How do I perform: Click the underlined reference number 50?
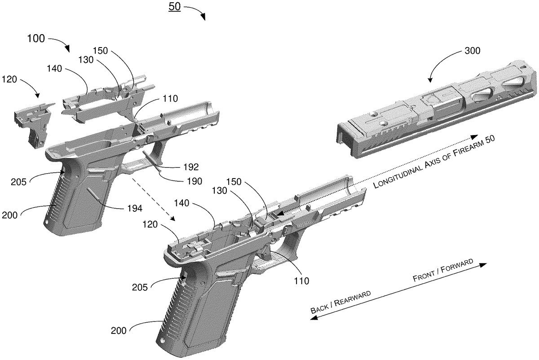coord(174,6)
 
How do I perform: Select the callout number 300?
coord(473,51)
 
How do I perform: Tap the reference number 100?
coord(36,39)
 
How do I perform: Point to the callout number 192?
coord(191,167)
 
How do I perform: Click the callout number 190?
coord(194,181)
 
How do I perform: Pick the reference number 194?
coord(135,208)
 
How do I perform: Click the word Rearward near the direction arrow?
coord(353,298)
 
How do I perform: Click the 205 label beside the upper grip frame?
coord(18,182)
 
